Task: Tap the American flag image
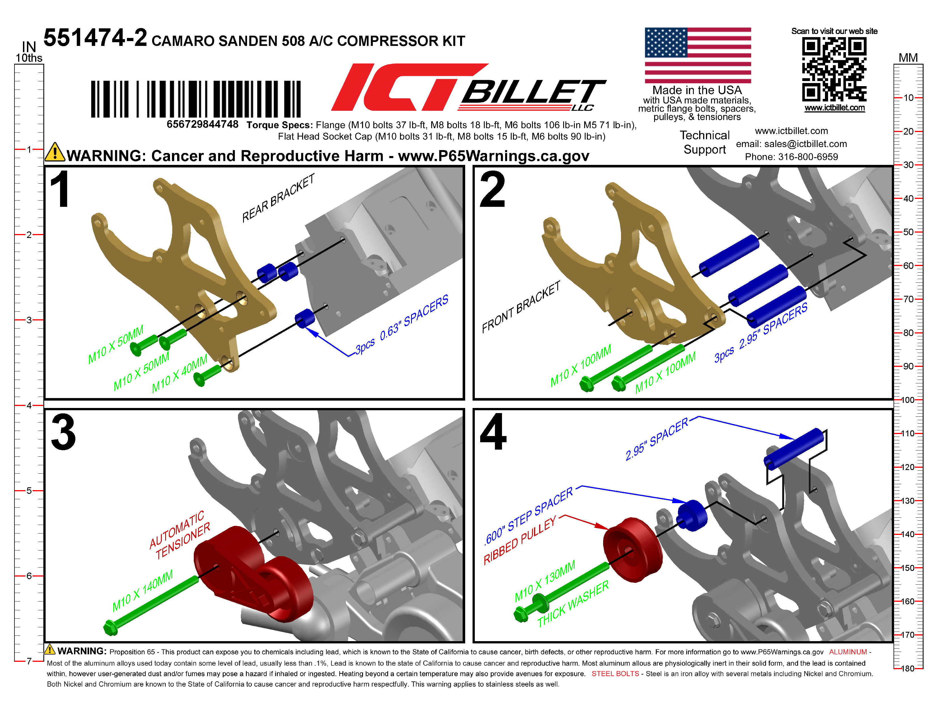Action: coord(698,56)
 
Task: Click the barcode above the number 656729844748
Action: coord(196,99)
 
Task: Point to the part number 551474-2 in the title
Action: coord(95,38)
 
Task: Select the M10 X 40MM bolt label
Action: coord(180,374)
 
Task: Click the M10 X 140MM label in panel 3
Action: coord(142,590)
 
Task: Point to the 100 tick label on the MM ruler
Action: coord(907,400)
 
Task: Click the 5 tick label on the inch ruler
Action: coord(29,490)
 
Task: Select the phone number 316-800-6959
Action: coord(808,157)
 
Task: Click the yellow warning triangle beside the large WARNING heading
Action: coord(55,152)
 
